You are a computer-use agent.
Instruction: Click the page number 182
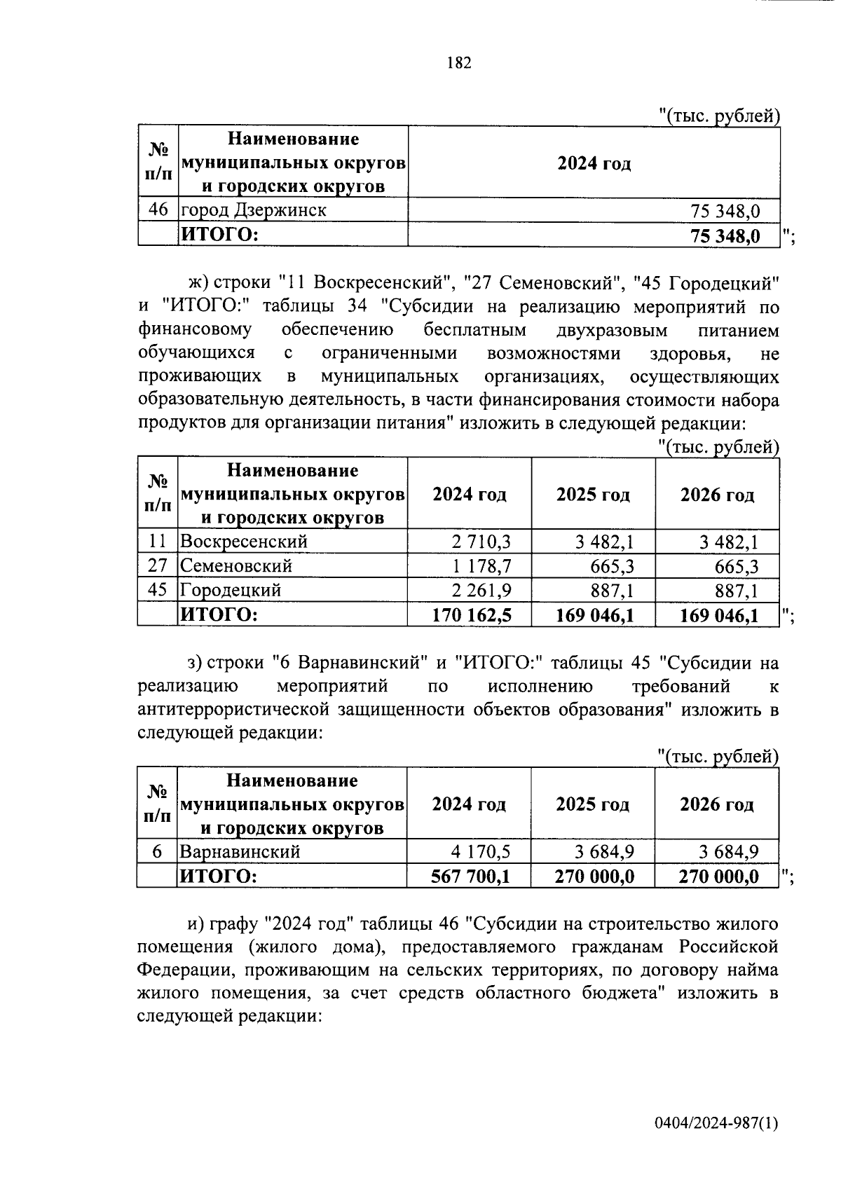459,63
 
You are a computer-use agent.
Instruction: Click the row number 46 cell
158,209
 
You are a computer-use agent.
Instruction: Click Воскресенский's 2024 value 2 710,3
481,542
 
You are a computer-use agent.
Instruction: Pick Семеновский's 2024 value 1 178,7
481,566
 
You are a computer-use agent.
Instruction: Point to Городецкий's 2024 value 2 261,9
481,591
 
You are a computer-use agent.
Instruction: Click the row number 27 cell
158,565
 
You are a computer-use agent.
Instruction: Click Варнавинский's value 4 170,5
481,851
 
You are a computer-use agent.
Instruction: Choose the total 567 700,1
471,876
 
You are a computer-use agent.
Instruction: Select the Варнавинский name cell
240,851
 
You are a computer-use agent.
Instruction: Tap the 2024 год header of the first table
594,163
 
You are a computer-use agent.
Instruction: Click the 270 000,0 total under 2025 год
595,876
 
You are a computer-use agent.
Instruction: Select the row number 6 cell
158,851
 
